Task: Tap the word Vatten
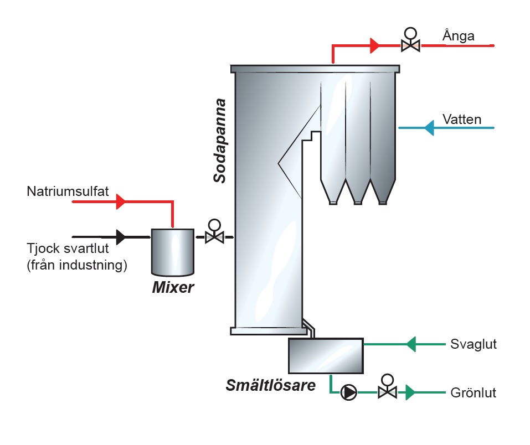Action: point(462,120)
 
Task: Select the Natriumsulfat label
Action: point(68,192)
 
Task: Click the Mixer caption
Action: point(173,287)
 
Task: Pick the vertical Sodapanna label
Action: point(220,141)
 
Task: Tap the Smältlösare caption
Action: point(270,385)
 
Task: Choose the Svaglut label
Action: point(473,344)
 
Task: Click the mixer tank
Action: point(172,251)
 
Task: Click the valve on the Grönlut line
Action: point(387,391)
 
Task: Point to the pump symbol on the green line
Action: point(349,392)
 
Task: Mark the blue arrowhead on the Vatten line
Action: point(429,128)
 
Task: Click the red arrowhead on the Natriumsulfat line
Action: point(121,203)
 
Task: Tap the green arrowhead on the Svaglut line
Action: point(410,344)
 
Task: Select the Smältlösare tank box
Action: point(326,355)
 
